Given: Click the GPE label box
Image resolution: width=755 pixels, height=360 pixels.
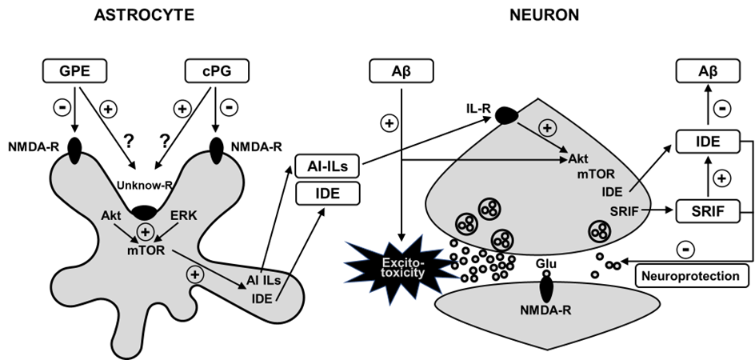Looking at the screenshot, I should click(74, 72).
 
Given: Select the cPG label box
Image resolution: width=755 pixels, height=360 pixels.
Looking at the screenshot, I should click(217, 72).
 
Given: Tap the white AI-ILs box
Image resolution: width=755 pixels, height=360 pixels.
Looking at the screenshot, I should click(326, 166).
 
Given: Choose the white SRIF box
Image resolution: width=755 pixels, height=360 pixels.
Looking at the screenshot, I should click(708, 211).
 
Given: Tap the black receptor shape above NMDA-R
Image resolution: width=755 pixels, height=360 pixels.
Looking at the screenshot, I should click(545, 286).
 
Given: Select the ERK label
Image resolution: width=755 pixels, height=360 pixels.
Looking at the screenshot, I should click(184, 216).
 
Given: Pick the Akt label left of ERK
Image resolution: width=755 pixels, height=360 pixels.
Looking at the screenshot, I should click(111, 216).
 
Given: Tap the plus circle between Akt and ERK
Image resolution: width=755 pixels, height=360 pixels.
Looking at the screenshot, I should click(146, 232).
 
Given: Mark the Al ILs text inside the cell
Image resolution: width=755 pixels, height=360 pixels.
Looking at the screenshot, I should click(264, 281).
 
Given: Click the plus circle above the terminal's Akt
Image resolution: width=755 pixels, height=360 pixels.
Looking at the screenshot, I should click(548, 128).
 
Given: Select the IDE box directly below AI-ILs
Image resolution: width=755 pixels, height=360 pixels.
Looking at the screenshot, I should click(326, 193).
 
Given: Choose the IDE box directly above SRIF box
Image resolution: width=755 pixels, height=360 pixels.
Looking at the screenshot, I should click(708, 142).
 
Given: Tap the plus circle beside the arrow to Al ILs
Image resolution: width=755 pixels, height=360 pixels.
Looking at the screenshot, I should click(194, 274).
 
